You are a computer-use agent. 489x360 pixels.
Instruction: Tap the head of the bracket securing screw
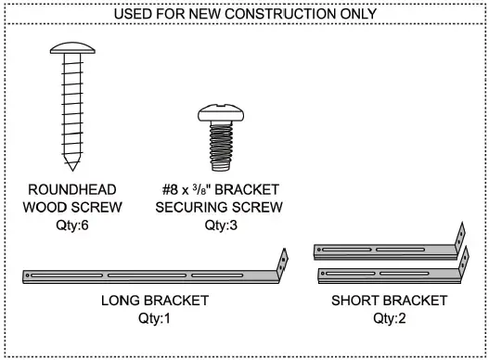pyautogui.click(x=218, y=114)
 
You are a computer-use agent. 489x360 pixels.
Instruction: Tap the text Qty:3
pyautogui.click(x=220, y=225)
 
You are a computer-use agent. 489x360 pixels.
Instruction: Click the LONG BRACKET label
pyautogui.click(x=155, y=301)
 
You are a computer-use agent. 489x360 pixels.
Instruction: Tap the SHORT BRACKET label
pyautogui.click(x=389, y=301)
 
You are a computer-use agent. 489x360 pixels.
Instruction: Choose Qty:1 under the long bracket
pyautogui.click(x=155, y=318)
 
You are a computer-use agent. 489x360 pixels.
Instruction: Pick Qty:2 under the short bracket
pyautogui.click(x=389, y=318)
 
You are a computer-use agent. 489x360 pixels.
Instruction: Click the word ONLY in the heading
pyautogui.click(x=358, y=14)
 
